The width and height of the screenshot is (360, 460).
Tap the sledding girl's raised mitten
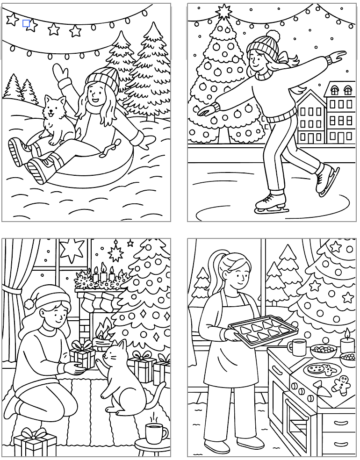pyautogui.click(x=60, y=74)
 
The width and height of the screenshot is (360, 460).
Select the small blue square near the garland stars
pyautogui.click(x=26, y=23)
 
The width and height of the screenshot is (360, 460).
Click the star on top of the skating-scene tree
pyautogui.click(x=224, y=11)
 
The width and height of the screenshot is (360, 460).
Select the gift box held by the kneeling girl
pyautogui.click(x=83, y=358)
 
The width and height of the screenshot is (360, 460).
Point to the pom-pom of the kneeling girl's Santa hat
pyautogui.click(x=29, y=303)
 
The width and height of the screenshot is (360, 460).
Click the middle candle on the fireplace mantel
pyautogui.click(x=103, y=274)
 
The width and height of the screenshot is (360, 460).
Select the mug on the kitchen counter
pyautogui.click(x=297, y=347)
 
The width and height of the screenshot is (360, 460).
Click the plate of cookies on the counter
pyautogui.click(x=319, y=370)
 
